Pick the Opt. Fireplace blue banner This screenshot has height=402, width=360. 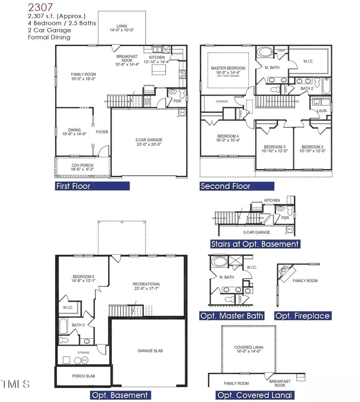click(303, 316)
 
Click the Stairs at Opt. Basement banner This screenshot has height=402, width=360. click(255, 244)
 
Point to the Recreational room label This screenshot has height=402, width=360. click(146, 287)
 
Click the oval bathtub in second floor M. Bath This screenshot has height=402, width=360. click(264, 52)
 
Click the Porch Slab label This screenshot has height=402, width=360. click(83, 376)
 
